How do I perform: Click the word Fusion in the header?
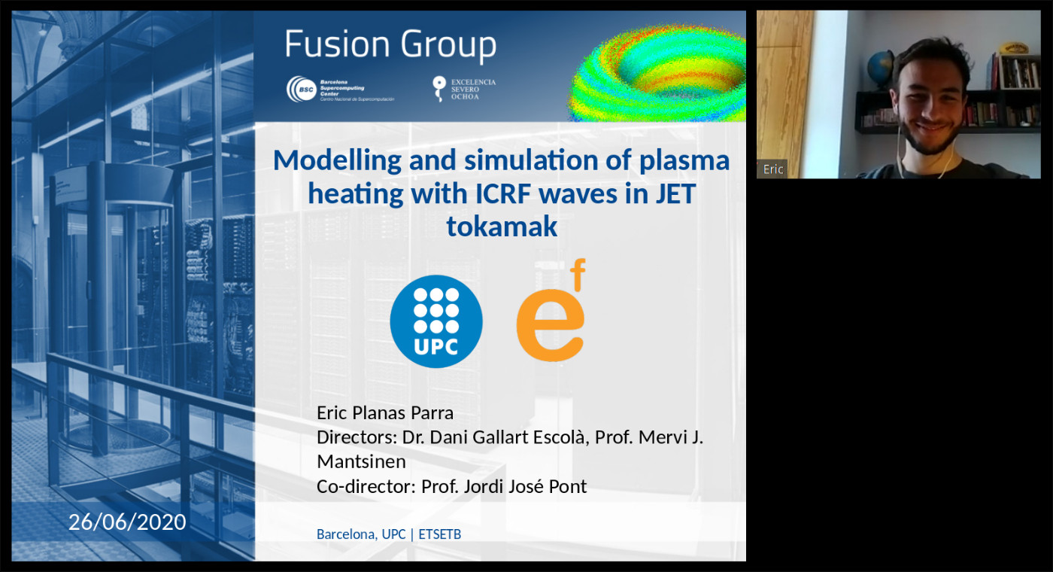click(338, 44)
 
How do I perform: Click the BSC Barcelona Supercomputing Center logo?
click(340, 90)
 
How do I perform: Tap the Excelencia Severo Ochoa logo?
click(463, 89)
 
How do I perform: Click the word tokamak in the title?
click(502, 227)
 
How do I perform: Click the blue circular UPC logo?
click(436, 321)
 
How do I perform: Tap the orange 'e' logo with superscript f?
click(551, 310)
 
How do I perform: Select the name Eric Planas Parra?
click(385, 413)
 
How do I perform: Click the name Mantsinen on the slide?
click(362, 461)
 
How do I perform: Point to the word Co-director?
click(366, 486)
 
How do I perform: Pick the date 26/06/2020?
click(127, 522)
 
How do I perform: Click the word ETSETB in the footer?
click(439, 534)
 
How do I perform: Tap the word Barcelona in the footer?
click(347, 534)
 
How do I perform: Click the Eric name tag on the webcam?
click(772, 169)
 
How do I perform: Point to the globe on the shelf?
click(880, 67)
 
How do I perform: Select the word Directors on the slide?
click(357, 437)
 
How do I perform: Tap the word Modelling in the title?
click(338, 161)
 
